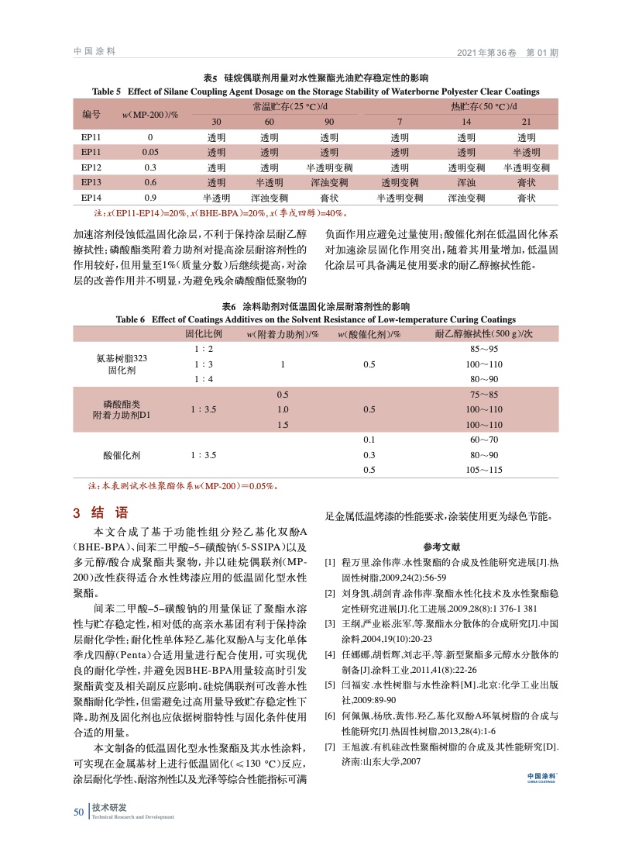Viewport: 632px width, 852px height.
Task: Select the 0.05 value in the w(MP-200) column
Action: tap(150, 152)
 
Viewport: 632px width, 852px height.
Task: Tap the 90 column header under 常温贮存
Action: tap(329, 122)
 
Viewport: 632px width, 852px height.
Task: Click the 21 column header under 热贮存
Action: tap(527, 122)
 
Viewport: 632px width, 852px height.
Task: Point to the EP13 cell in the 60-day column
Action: tap(269, 183)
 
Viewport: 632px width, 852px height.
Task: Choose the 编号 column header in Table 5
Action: tap(91, 114)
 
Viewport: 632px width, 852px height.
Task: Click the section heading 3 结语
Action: tap(100, 513)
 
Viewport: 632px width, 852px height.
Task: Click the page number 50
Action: tap(78, 812)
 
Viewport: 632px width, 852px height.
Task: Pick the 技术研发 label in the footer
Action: tap(109, 808)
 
